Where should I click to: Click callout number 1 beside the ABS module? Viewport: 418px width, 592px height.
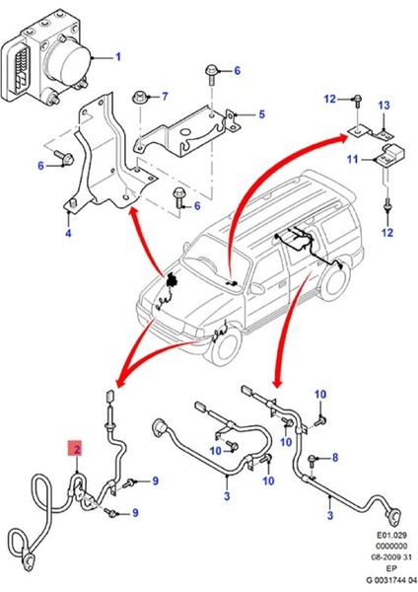[x=118, y=56]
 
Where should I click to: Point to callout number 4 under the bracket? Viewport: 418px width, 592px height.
[x=68, y=234]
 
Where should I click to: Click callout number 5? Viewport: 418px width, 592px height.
[x=262, y=115]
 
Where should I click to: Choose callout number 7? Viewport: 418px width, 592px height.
[x=165, y=96]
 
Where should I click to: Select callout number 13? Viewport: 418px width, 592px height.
[x=385, y=106]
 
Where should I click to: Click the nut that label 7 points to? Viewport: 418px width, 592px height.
[x=143, y=97]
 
